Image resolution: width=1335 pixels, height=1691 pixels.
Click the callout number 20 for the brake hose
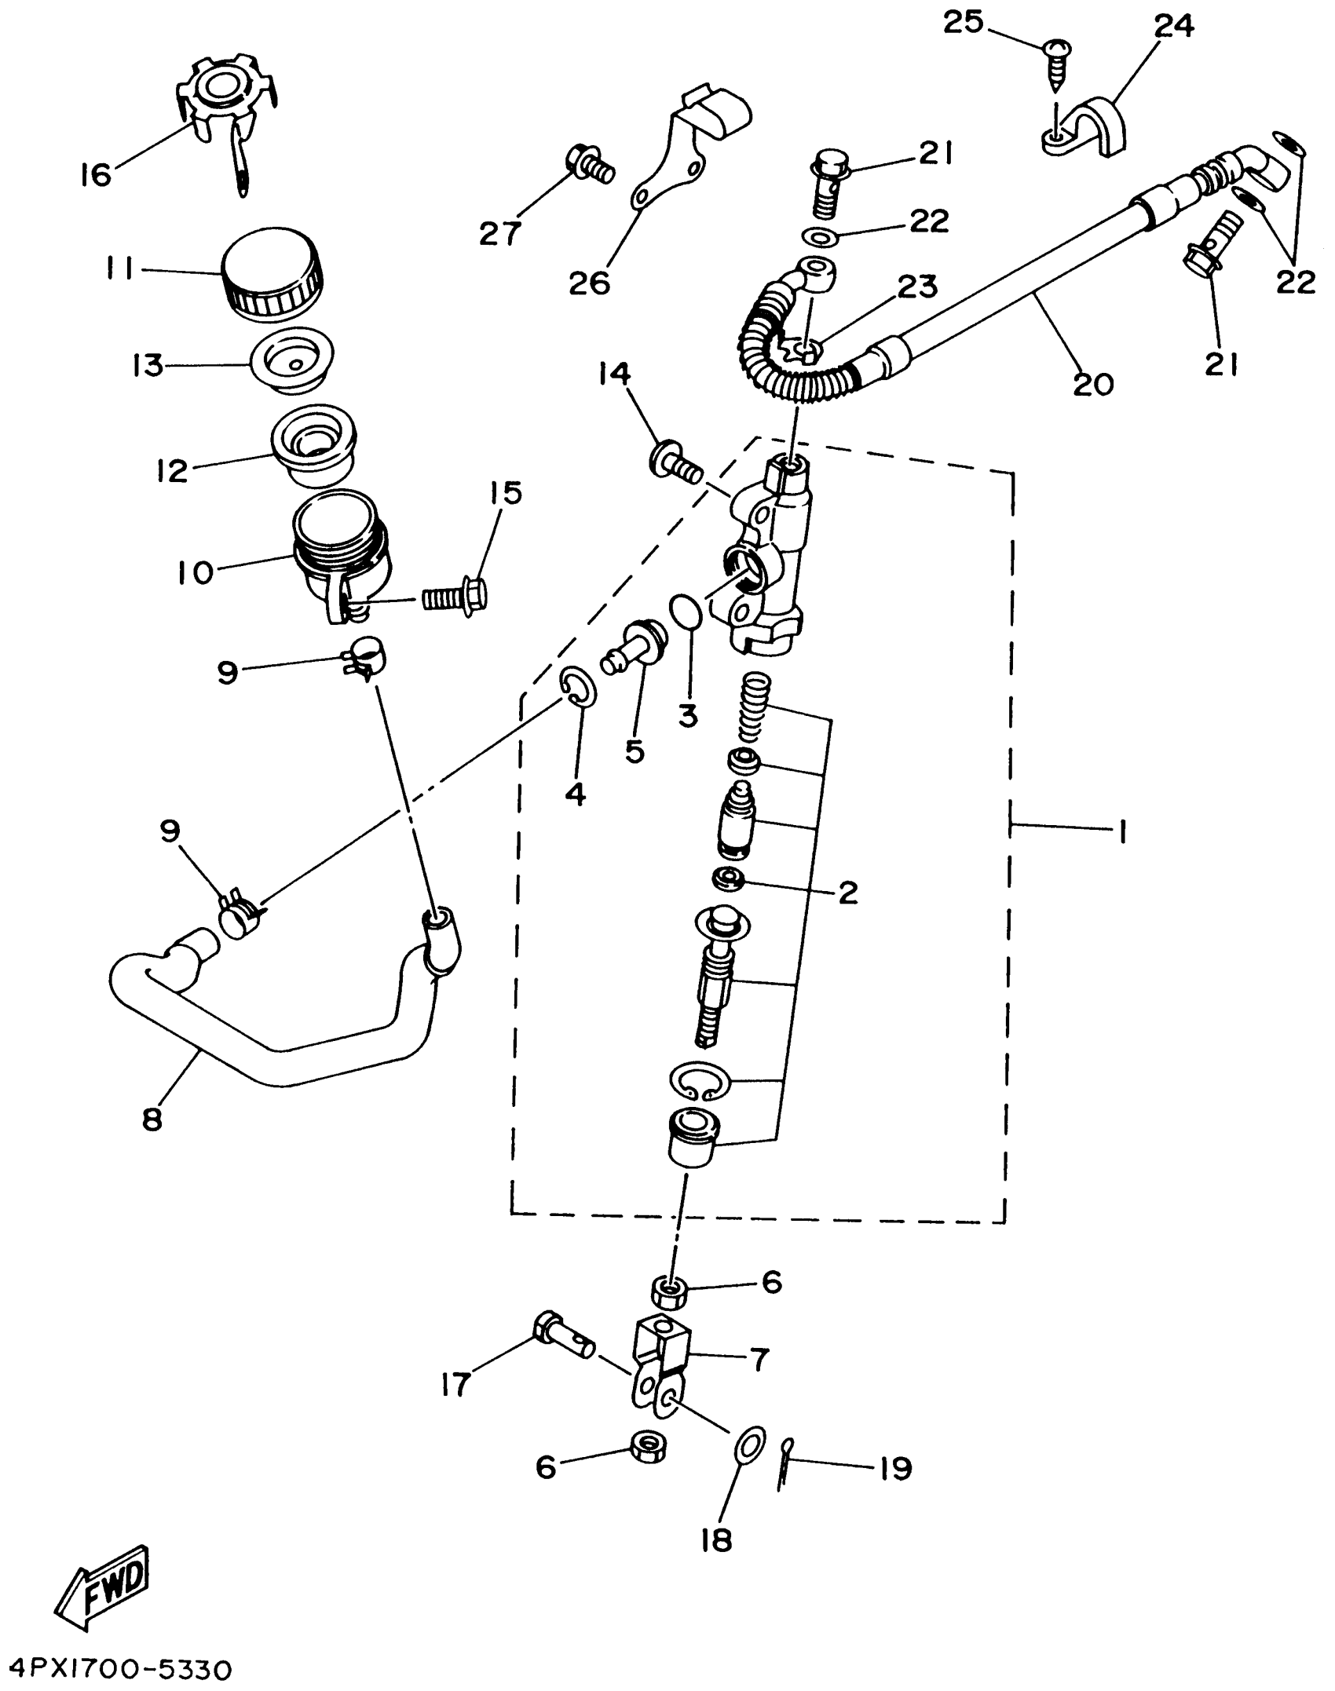point(1092,384)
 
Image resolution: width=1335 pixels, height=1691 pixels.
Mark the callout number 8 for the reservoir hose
point(152,1119)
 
